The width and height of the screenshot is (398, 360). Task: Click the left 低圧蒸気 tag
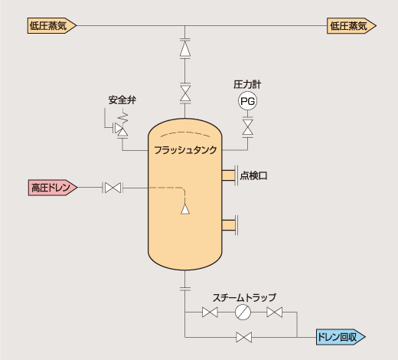pos(52,25)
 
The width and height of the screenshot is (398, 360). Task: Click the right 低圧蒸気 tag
pos(351,25)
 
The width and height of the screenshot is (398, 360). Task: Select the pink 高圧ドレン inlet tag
pos(53,188)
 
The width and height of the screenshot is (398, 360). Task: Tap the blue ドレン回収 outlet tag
pos(341,337)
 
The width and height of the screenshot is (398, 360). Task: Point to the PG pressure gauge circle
pos(247,101)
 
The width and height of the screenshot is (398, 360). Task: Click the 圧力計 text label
pos(247,84)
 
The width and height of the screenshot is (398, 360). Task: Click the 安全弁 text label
pos(122,100)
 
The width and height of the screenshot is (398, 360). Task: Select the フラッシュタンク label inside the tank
pos(185,150)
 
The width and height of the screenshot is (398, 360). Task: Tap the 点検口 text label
pos(253,175)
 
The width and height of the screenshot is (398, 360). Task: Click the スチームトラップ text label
pos(244,297)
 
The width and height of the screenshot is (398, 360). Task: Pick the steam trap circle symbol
pos(243,312)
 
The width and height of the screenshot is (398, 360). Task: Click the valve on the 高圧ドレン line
pos(113,188)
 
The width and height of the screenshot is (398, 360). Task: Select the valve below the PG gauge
pos(247,127)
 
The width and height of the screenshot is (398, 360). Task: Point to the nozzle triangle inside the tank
pos(185,209)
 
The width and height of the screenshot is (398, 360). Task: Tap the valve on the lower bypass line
pos(244,337)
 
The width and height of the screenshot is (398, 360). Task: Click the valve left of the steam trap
pos(210,312)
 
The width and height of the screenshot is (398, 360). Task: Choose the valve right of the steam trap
pos(275,312)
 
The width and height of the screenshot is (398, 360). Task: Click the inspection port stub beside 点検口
pos(228,175)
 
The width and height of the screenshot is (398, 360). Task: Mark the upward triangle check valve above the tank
pos(185,49)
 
